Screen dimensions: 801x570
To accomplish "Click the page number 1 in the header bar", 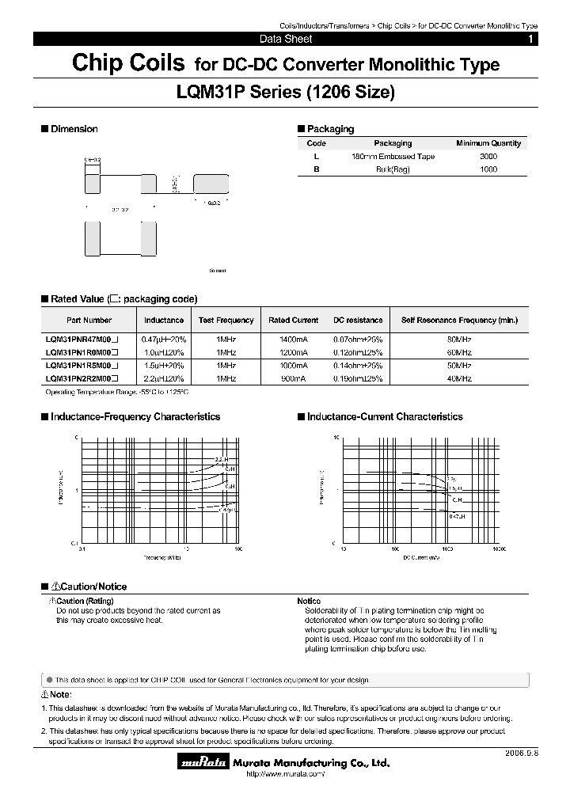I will pyautogui.click(x=530, y=39).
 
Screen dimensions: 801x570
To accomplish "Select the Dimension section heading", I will pyautogui.click(x=74, y=129).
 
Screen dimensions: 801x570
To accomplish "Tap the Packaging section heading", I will pyautogui.click(x=330, y=129).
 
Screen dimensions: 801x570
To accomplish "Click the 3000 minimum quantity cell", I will pyautogui.click(x=488, y=157).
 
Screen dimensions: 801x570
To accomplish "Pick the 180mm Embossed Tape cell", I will pyautogui.click(x=393, y=157).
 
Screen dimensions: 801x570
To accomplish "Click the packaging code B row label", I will pyautogui.click(x=316, y=169).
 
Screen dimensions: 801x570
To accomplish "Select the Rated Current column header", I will pyautogui.click(x=293, y=321).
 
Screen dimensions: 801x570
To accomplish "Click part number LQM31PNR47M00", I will pyautogui.click(x=82, y=339).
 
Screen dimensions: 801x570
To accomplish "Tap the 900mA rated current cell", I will pyautogui.click(x=293, y=379).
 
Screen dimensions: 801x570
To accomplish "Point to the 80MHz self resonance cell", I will pyautogui.click(x=459, y=339).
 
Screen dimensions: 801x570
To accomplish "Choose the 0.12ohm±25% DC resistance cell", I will pyautogui.click(x=357, y=352).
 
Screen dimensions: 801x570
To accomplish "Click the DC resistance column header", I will pyautogui.click(x=357, y=321).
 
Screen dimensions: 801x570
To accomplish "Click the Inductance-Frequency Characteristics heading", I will pyautogui.click(x=135, y=417).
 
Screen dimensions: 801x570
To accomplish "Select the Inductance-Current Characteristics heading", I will pyautogui.click(x=385, y=417).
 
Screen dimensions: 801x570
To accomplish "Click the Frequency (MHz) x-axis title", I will pyautogui.click(x=162, y=558).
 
